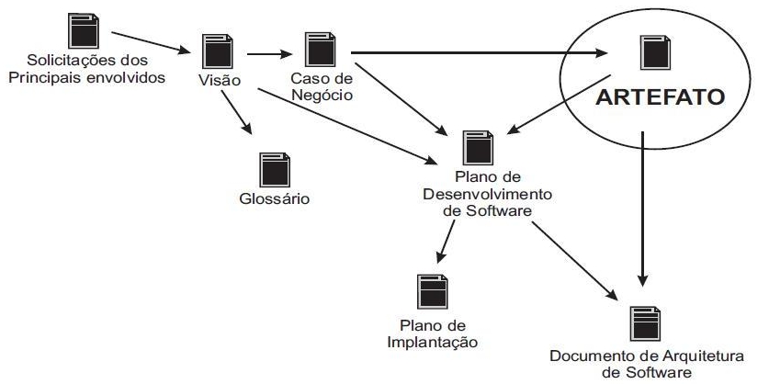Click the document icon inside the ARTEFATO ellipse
point(652,56)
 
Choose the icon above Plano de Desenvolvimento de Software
point(475,145)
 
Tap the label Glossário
point(271,198)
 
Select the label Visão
point(219,79)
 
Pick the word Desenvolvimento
point(475,194)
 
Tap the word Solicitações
point(61,62)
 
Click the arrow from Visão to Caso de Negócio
point(266,51)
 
